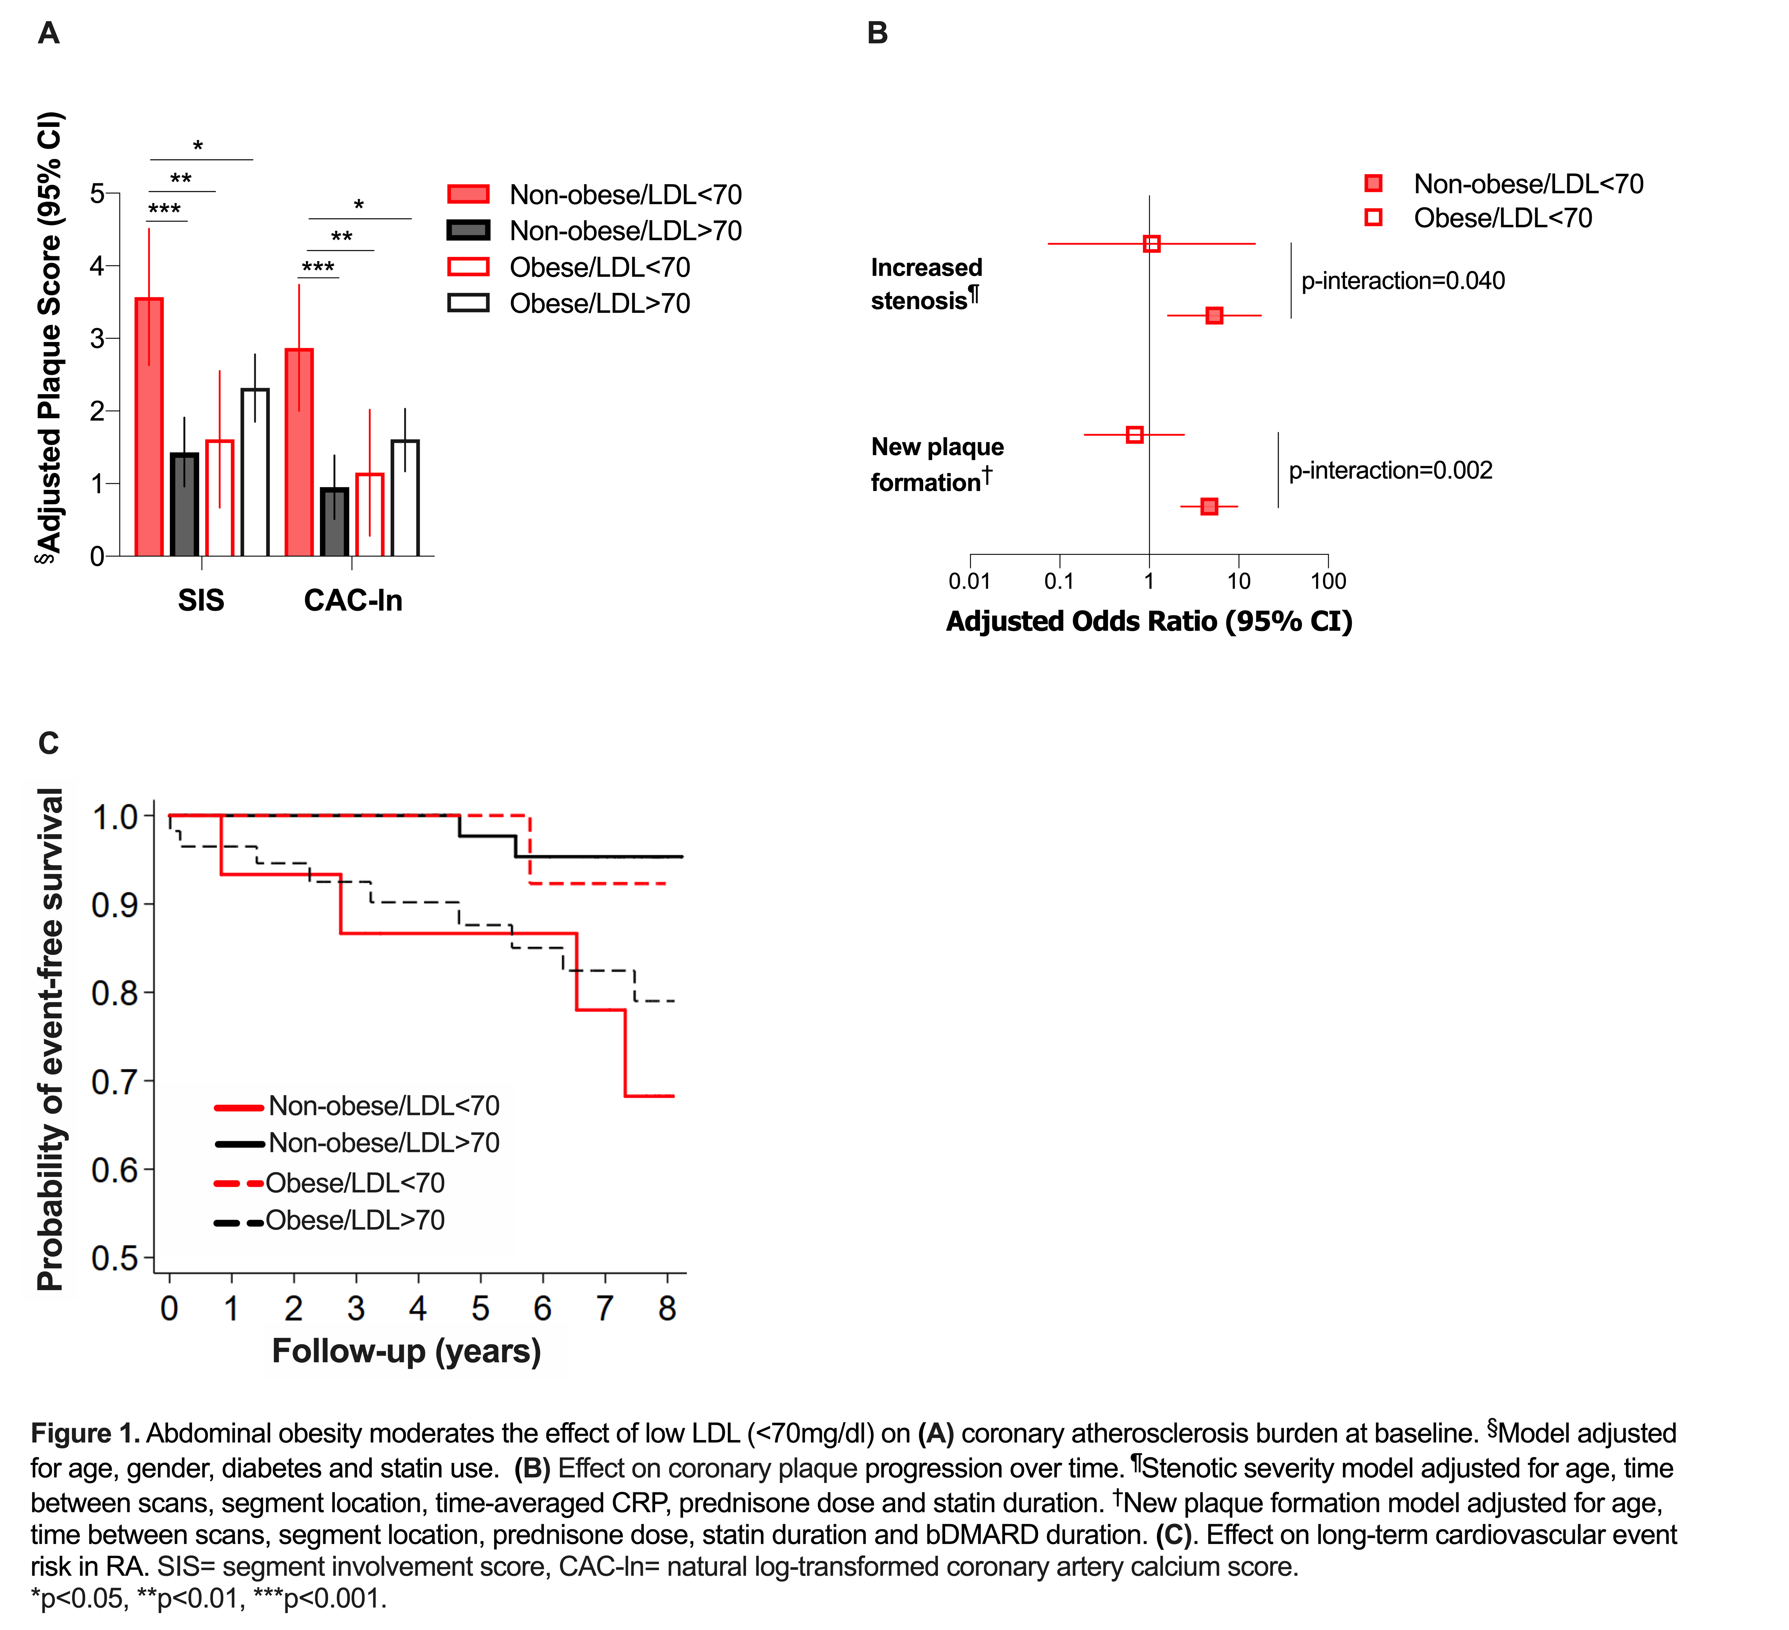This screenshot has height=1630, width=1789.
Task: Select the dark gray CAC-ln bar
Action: pyautogui.click(x=334, y=522)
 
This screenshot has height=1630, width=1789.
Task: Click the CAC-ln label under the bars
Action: pyautogui.click(x=353, y=601)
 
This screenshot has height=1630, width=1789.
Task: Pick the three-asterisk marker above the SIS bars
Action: pyautogui.click(x=165, y=210)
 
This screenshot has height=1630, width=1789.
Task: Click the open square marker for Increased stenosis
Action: pyautogui.click(x=1152, y=243)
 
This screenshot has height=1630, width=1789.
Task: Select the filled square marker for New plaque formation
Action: pyautogui.click(x=1209, y=506)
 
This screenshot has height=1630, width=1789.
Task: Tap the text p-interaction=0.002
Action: pyautogui.click(x=1391, y=471)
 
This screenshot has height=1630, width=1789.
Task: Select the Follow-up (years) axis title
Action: pyautogui.click(x=406, y=1351)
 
